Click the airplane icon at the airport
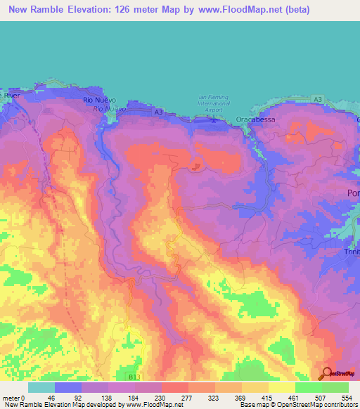coord(214,119)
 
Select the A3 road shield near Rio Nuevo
coord(159,112)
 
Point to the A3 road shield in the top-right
coord(318,100)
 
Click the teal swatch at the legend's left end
coord(41,387)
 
